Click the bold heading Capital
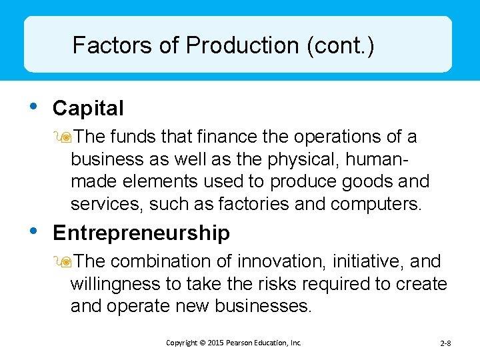coord(88,108)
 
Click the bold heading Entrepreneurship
coord(141,233)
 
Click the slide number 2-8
coord(446,343)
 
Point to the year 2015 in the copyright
coord(215,343)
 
